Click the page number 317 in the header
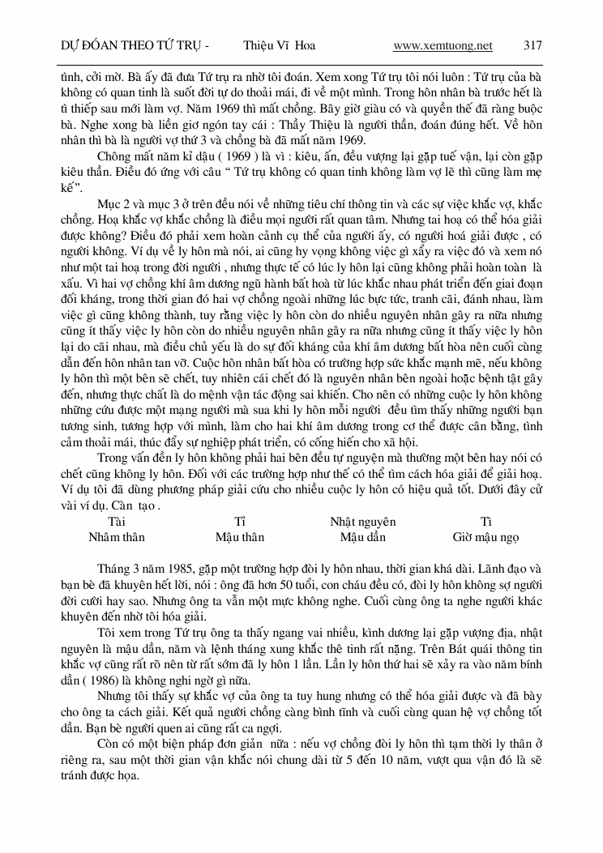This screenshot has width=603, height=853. pos(533,45)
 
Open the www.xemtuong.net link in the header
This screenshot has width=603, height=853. pos(443,45)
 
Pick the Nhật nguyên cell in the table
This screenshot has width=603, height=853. pos(362,522)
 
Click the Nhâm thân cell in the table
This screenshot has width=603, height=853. pos(117,537)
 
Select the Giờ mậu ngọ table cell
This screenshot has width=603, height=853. pos(485,537)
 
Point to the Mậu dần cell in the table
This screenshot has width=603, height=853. pos(362,537)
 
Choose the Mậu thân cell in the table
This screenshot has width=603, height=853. pos(239,537)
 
